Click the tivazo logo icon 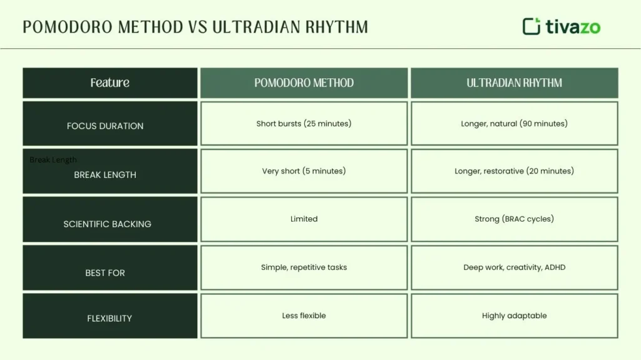point(531,26)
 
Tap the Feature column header point(110,83)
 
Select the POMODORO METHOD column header point(304,83)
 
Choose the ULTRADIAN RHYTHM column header point(514,83)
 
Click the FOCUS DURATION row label point(105,126)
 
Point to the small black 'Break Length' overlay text point(53,160)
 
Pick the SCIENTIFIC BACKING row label point(107,224)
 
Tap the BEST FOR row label point(105,273)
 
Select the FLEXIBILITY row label point(110,318)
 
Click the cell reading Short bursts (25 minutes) point(304,123)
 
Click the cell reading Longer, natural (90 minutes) point(514,123)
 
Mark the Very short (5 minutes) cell point(304,171)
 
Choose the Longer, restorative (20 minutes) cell point(514,171)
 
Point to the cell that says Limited point(304,219)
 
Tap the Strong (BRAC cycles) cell point(514,219)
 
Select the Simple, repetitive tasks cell point(304,267)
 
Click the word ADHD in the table point(555,267)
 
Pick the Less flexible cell point(304,316)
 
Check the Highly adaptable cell point(514,316)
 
